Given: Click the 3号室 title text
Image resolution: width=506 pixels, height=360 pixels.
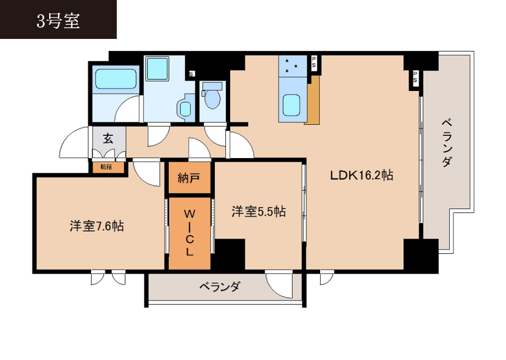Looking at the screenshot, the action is pyautogui.click(x=58, y=21).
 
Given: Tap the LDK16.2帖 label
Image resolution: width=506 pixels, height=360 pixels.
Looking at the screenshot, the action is pyautogui.click(x=361, y=175).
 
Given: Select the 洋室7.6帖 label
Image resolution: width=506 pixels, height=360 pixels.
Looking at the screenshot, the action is pyautogui.click(x=97, y=226).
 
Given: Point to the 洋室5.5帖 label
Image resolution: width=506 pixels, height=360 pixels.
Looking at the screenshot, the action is pyautogui.click(x=258, y=212).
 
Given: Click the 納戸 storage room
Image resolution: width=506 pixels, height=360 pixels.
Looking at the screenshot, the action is pyautogui.click(x=189, y=178).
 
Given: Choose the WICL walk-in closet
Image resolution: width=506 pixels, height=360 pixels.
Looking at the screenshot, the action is pyautogui.click(x=189, y=233).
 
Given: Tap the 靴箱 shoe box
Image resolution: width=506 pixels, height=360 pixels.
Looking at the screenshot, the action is pyautogui.click(x=106, y=167).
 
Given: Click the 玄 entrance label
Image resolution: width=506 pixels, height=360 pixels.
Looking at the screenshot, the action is pyautogui.click(x=108, y=139).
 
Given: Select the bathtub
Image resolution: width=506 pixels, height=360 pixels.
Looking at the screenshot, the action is pyautogui.click(x=115, y=79).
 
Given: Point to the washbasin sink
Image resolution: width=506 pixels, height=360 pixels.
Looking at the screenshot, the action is pyautogui.click(x=185, y=108).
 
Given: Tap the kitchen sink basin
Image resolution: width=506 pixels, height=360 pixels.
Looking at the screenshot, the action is pyautogui.click(x=291, y=105).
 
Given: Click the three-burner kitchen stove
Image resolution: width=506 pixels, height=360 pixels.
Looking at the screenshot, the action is pyautogui.click(x=293, y=66).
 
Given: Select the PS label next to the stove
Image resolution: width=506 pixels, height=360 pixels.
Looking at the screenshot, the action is pyautogui.click(x=314, y=63).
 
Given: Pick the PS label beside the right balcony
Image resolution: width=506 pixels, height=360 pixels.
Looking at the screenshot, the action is pyautogui.click(x=415, y=77).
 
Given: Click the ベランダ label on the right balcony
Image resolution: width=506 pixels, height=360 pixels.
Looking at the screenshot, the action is pyautogui.click(x=447, y=143).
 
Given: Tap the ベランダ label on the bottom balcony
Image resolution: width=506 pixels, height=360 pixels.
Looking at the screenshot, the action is pyautogui.click(x=219, y=286).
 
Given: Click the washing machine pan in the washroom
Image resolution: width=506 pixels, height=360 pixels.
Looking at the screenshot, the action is pyautogui.click(x=157, y=69).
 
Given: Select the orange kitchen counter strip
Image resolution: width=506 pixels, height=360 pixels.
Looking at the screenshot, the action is pyautogui.click(x=312, y=100).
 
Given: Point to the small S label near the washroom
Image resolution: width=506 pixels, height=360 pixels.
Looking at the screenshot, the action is pyautogui.click(x=191, y=74).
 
